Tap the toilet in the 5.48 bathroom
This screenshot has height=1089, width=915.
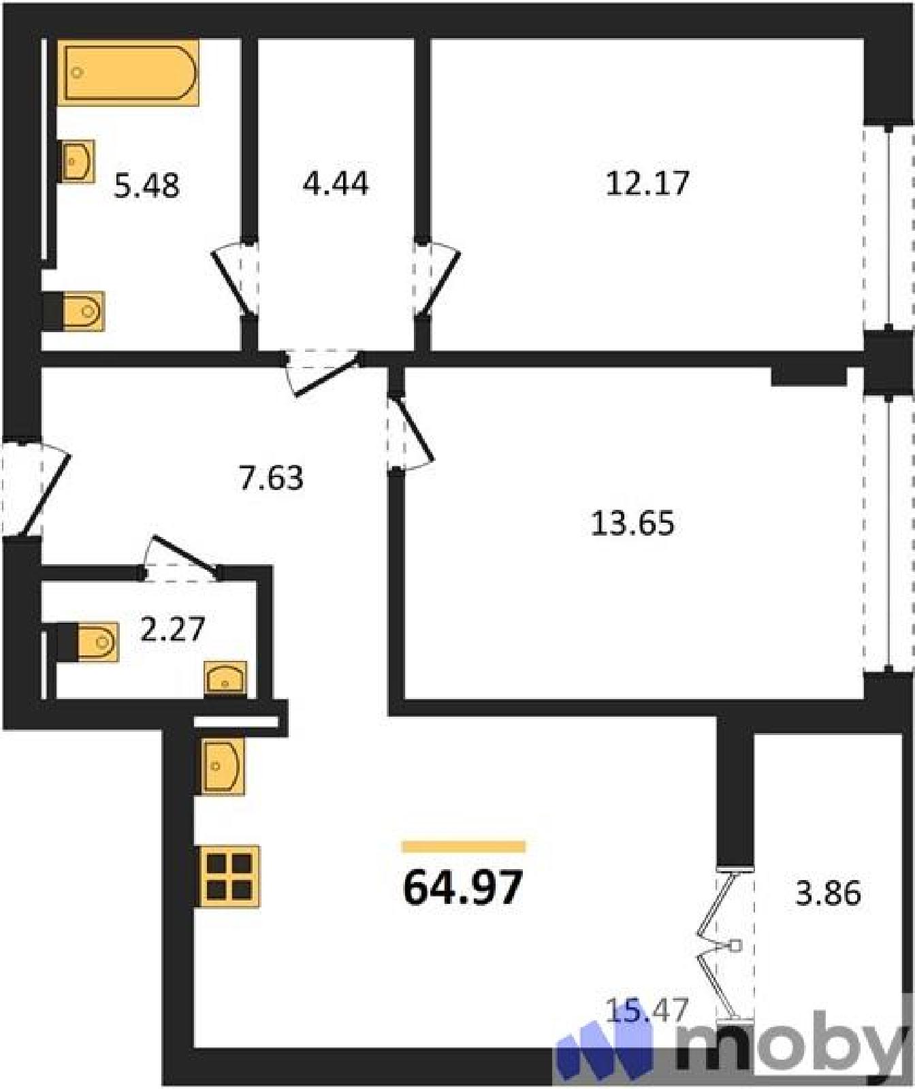pyautogui.click(x=74, y=312)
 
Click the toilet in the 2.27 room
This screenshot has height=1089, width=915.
pyautogui.click(x=88, y=641)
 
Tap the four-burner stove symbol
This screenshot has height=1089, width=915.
pyautogui.click(x=228, y=877)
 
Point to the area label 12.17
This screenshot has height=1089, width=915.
pyautogui.click(x=647, y=183)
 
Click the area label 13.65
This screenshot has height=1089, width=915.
pyautogui.click(x=632, y=523)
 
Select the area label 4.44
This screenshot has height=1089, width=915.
pyautogui.click(x=336, y=183)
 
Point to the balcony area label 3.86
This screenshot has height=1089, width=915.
pyautogui.click(x=828, y=892)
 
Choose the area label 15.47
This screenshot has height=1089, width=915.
pyautogui.click(x=647, y=1009)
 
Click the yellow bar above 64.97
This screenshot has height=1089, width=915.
pyautogui.click(x=464, y=847)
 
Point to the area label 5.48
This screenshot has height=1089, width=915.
pyautogui.click(x=147, y=185)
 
